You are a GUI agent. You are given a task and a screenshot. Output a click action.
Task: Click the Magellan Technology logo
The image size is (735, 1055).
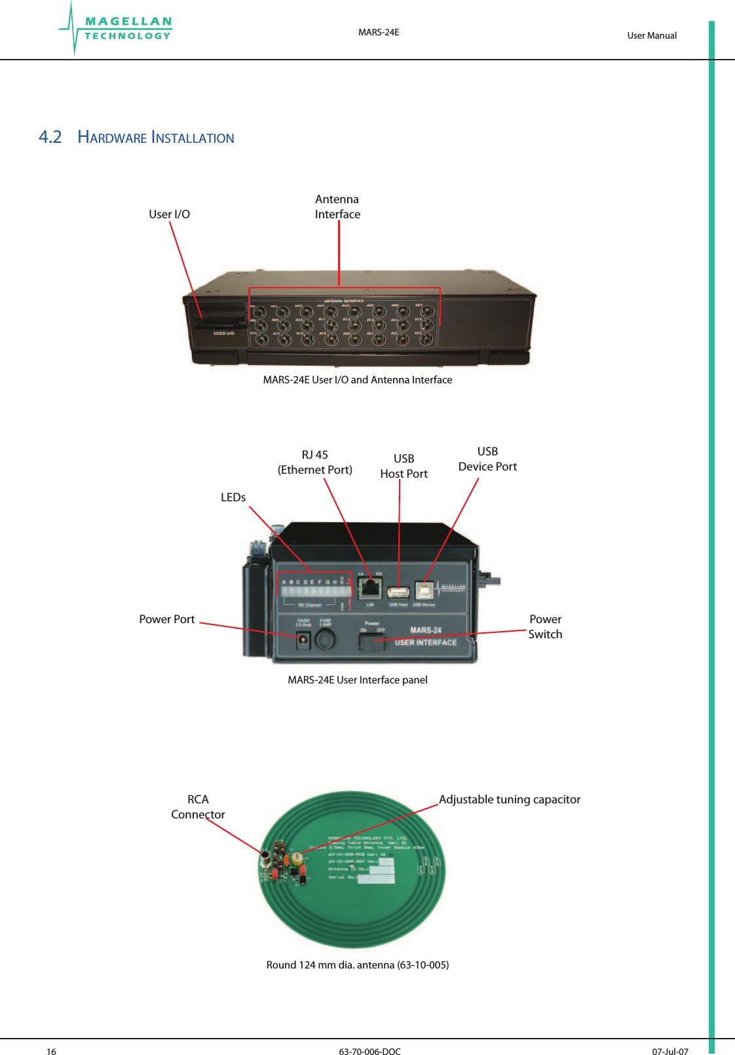[118, 29]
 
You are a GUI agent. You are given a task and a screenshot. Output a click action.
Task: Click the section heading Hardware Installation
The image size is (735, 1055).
[155, 138]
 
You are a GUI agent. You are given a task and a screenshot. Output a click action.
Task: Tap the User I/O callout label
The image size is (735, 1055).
[169, 214]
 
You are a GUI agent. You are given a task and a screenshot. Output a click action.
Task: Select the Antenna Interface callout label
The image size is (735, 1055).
[337, 206]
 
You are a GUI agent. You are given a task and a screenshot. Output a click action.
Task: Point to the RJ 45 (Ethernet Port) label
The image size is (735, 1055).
[315, 463]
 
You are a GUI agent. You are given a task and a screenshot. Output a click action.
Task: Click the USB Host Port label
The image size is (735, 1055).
[404, 466]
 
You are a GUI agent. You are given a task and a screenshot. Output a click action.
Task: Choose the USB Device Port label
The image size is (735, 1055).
[487, 459]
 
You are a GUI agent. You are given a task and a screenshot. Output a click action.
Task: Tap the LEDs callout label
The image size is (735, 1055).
[233, 497]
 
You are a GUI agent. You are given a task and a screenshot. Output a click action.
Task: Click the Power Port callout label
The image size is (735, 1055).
[166, 619]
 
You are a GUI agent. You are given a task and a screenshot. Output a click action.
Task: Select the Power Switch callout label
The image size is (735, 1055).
[545, 626]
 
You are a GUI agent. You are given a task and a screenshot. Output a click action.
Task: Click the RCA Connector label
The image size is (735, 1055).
[198, 807]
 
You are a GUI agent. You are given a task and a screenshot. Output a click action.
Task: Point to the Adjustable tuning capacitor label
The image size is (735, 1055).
[510, 799]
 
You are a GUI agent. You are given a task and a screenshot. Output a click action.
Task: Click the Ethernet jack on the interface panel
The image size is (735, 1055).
[371, 588]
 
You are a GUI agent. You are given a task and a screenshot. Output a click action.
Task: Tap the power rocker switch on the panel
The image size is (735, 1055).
[372, 642]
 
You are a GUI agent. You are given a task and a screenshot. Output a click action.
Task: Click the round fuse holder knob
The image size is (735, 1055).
[326, 640]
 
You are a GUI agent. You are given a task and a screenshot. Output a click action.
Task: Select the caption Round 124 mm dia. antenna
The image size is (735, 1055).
[357, 965]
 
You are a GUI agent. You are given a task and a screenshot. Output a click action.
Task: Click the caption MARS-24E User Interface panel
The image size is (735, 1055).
[357, 680]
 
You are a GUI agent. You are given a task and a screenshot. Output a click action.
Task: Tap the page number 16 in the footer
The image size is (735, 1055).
[51, 1052]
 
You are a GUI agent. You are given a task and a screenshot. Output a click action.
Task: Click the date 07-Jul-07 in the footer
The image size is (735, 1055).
[669, 1052]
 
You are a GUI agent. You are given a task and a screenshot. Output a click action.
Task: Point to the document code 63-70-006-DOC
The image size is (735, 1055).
[369, 1052]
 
